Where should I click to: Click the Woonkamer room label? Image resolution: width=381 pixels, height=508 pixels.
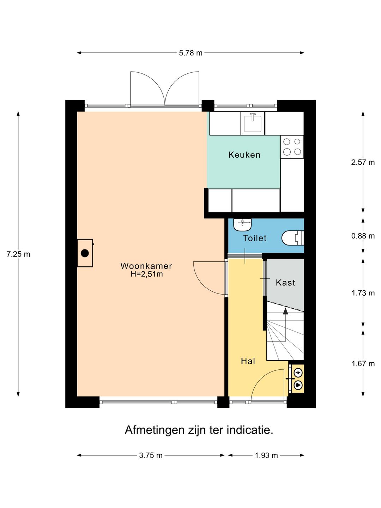[x=146, y=266]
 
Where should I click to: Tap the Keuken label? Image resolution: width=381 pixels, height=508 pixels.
[x=244, y=155]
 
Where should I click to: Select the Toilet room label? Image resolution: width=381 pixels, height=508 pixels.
[x=255, y=238]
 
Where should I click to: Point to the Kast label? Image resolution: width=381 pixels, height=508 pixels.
[x=285, y=283]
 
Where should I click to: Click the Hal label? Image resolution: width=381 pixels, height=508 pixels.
[x=248, y=361]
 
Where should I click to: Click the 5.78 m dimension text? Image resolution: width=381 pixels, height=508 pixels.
[x=190, y=53]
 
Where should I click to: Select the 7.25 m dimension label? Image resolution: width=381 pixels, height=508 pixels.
[x=18, y=254]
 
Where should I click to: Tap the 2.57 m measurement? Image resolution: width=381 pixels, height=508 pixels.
[x=363, y=163]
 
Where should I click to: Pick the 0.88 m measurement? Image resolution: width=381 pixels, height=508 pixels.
[x=363, y=236]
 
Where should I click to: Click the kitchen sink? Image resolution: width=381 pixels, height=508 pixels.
[x=253, y=123]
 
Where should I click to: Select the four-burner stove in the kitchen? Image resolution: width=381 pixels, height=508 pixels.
[x=292, y=147]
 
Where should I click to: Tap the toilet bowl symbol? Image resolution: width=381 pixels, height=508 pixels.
[x=293, y=238]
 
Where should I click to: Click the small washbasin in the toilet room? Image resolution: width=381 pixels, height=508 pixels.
[x=242, y=224]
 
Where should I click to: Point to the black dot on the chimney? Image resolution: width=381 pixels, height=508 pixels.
[x=85, y=253]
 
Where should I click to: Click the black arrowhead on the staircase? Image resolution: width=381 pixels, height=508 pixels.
[x=286, y=311]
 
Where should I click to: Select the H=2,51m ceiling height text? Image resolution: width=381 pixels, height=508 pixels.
[x=147, y=274]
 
